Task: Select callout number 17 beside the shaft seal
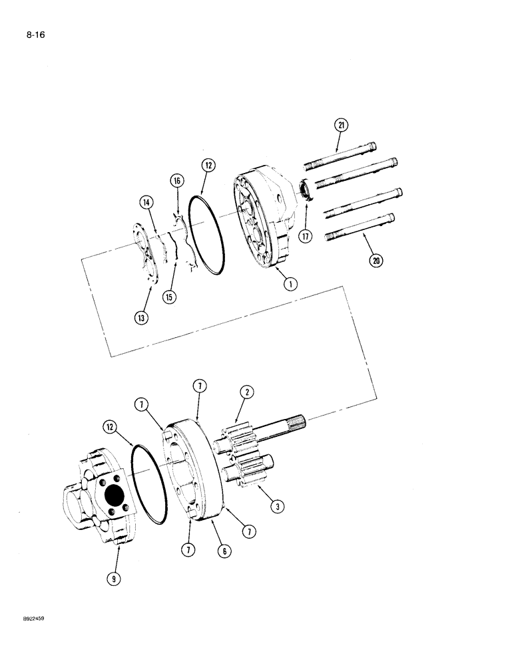305,235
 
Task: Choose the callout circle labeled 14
146,202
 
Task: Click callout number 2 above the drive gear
246,392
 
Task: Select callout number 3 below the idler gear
278,507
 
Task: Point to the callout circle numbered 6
221,551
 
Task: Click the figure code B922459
32,618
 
